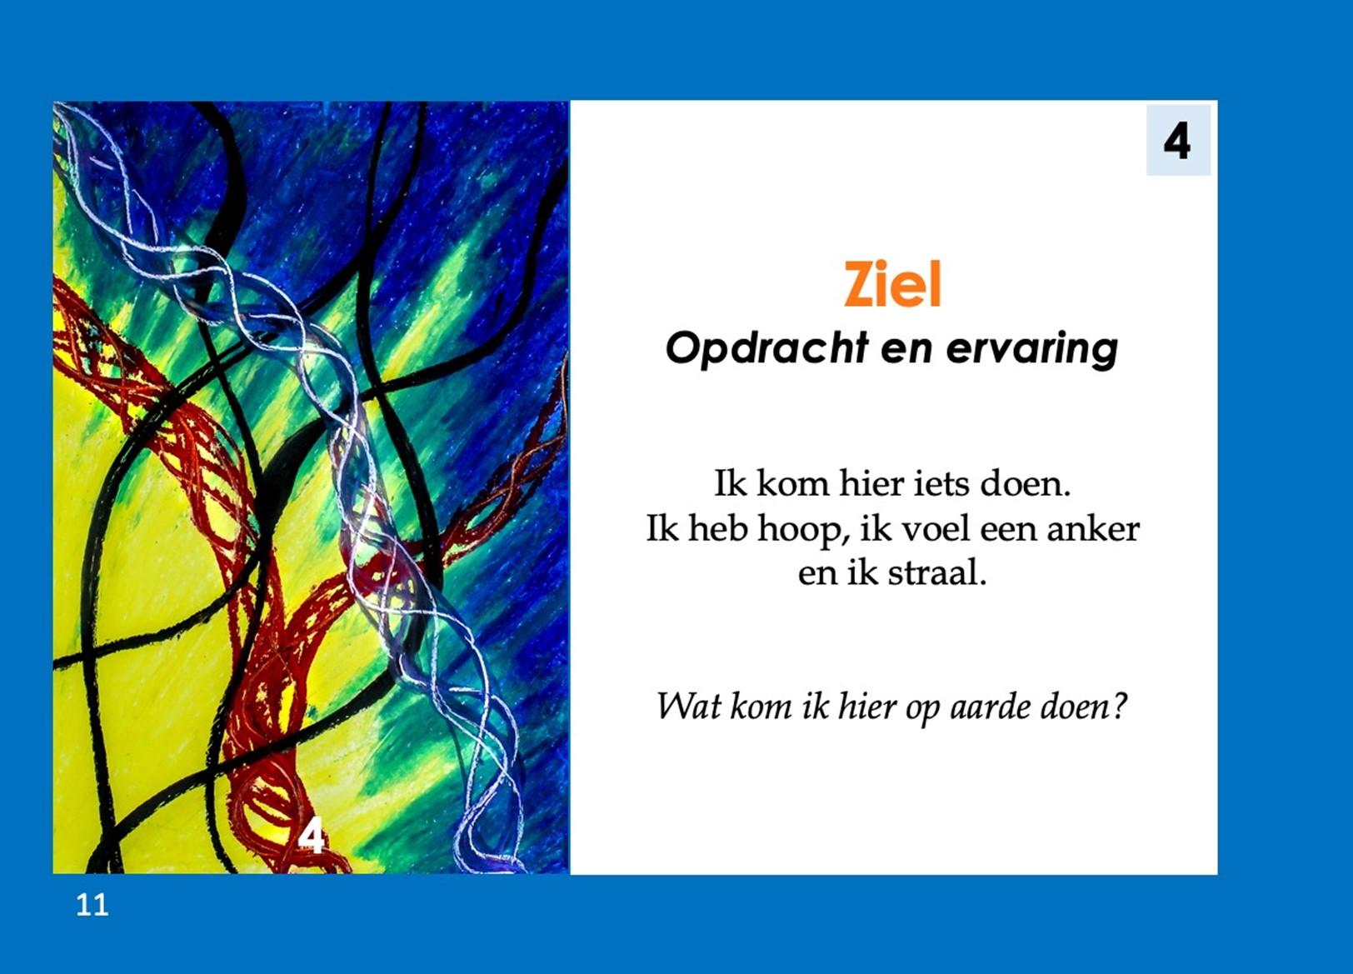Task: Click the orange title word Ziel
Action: pos(892,284)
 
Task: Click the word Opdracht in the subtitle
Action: pos(766,350)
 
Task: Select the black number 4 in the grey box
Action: pos(1177,141)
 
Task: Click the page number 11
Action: pos(92,905)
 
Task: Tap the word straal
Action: pos(937,572)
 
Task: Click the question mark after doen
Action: pos(1119,707)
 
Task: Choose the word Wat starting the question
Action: pos(688,706)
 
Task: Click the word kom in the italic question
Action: pos(761,707)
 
